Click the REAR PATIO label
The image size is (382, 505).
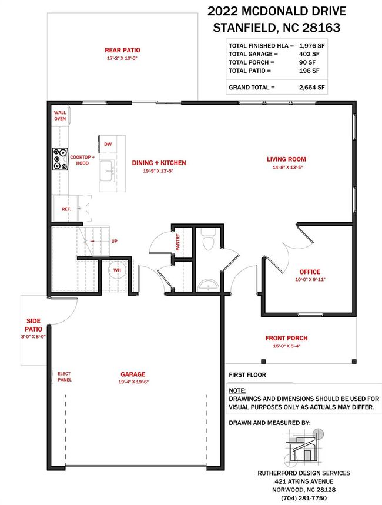coord(122,50)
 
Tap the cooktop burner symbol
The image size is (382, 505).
coord(61,159)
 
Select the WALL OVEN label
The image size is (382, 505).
coord(60,116)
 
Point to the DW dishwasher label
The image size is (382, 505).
coord(108,144)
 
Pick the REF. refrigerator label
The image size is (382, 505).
coord(66,209)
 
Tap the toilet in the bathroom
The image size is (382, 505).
coord(209,240)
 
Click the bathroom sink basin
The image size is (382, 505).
coord(208,285)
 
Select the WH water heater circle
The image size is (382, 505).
coord(117,270)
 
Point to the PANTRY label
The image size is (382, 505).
coord(178,242)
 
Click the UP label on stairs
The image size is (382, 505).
coord(115,241)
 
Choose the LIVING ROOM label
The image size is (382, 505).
coord(286,159)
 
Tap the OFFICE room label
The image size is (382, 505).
coord(310,272)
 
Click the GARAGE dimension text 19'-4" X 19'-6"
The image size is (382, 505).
coord(133,382)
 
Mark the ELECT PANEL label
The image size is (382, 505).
coord(65,377)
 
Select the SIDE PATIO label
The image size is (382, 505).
coord(33,325)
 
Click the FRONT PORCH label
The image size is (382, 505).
coord(286,338)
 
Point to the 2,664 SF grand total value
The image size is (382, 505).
coord(312,87)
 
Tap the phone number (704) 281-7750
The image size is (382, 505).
coord(304,498)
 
